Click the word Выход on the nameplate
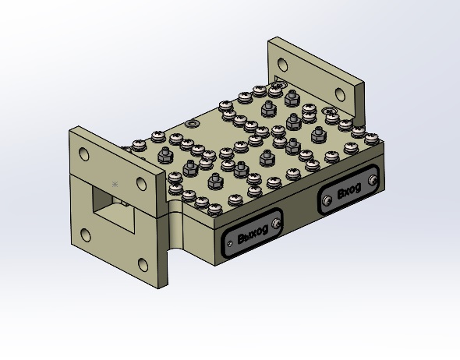click(253, 235)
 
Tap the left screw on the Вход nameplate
click(327, 200)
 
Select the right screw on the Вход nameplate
click(373, 179)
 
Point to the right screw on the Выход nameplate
click(276, 224)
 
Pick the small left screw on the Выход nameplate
click(230, 243)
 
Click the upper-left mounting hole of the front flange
click(84, 154)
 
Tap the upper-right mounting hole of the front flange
click(141, 184)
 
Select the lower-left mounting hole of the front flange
click(85, 235)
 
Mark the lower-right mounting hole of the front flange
click(143, 265)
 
